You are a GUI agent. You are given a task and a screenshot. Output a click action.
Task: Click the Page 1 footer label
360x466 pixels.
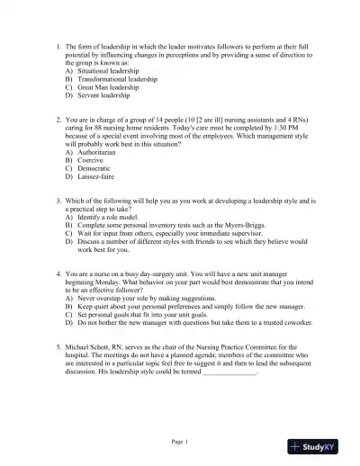(x=180, y=441)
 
